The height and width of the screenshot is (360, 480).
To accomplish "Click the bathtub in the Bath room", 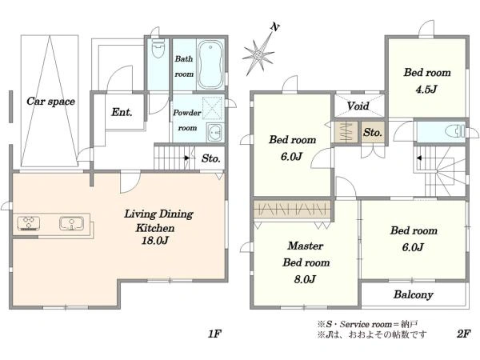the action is pos(210,65).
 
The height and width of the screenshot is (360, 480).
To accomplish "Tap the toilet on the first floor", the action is pos(158,48).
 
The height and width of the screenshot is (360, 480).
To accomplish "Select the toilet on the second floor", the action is pos(457,132).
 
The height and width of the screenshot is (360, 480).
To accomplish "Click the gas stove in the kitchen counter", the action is pos(29,222).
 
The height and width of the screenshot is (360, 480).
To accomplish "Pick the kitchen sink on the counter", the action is pos(72,222).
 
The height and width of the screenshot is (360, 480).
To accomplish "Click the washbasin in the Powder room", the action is pos(215,133).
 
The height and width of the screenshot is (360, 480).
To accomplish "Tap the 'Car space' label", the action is pos(50,102).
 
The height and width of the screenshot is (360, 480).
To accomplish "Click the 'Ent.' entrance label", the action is pos(122,112).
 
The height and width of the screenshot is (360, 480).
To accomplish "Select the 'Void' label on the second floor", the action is pos(358,106).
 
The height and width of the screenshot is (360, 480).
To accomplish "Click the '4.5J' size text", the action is pos(426,90).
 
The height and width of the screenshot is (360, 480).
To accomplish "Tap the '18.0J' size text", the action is pos(155,241).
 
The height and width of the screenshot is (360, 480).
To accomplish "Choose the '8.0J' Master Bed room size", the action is pos(305,279).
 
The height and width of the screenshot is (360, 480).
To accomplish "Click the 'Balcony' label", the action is pos(414,294).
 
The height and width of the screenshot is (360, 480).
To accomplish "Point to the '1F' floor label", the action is pos(214,334).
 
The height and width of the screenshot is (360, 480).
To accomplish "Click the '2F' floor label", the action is pos(464,334).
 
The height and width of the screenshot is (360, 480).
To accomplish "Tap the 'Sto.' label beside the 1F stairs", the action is pos(211,158).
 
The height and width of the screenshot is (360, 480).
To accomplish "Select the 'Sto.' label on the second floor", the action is pos(373,133).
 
